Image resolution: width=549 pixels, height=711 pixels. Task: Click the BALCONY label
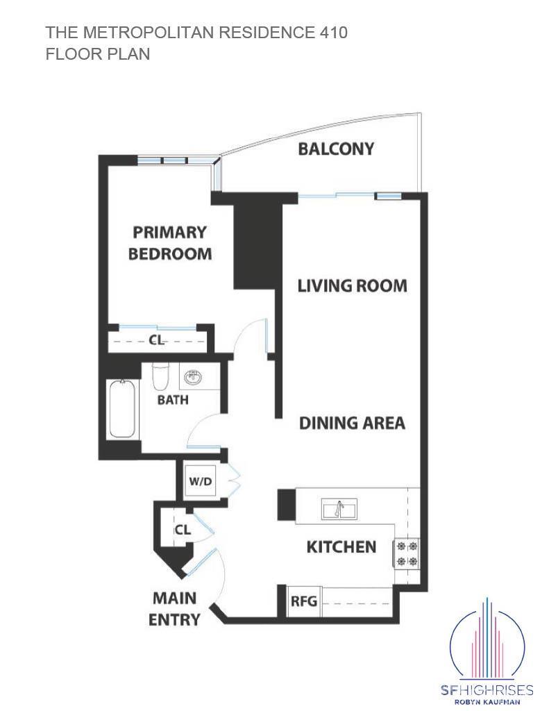point(336,149)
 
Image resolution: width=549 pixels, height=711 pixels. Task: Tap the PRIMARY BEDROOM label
point(170,242)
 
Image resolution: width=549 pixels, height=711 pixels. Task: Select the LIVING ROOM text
point(352,285)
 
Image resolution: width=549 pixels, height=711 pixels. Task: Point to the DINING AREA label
point(352,423)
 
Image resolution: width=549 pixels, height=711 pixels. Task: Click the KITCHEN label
point(341,547)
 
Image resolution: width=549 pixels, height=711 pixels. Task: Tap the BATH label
point(172,400)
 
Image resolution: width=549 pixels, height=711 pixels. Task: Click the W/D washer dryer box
point(201,481)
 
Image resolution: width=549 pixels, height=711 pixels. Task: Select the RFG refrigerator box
point(303,601)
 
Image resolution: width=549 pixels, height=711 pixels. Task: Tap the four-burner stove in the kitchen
point(407,553)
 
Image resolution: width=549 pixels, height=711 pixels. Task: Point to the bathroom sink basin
point(193,378)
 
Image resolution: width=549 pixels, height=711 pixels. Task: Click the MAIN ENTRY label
point(174,608)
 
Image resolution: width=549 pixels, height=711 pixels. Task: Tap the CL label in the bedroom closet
point(157,340)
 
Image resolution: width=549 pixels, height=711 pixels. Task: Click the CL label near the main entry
point(182,530)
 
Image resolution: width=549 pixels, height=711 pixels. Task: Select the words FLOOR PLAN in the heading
point(98,54)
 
